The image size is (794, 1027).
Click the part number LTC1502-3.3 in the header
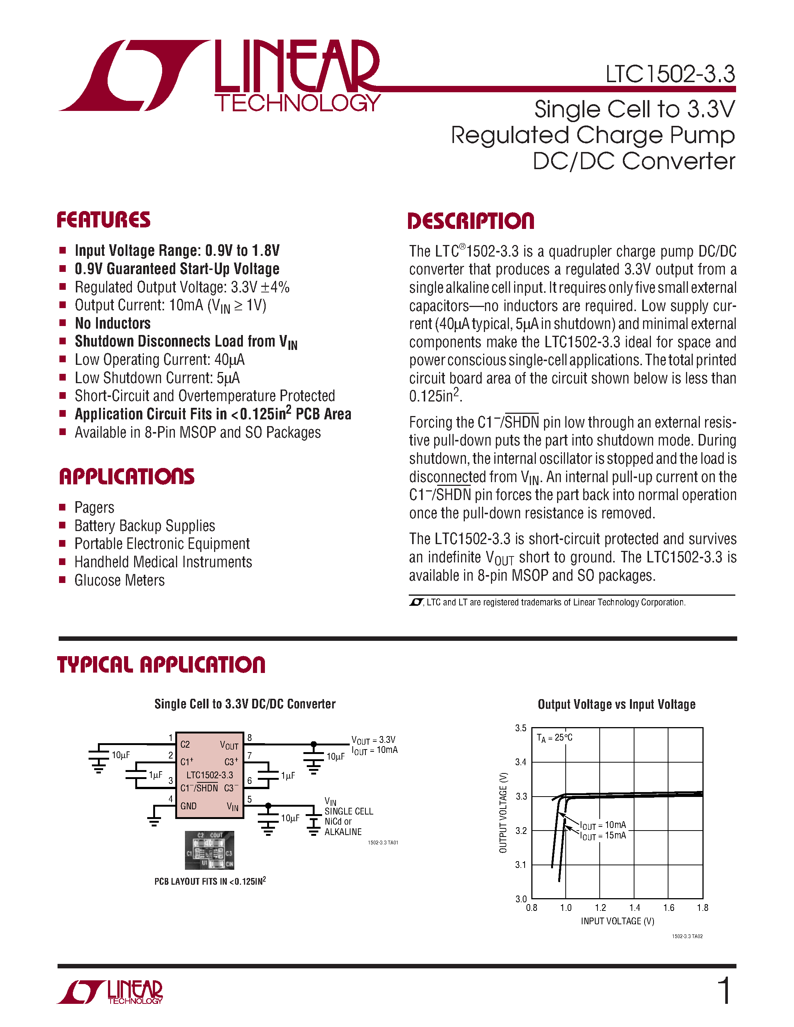(670, 74)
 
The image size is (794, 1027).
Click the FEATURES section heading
(104, 220)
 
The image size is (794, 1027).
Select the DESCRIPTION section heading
(470, 221)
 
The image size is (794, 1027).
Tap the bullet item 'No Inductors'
(112, 323)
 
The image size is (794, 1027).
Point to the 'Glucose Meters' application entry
(120, 580)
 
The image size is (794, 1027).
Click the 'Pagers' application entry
(94, 508)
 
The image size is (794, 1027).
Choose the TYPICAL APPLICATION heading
(161, 665)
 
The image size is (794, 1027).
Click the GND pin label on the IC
(188, 806)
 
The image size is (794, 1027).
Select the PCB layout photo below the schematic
(209, 850)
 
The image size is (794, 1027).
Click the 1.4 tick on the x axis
(634, 907)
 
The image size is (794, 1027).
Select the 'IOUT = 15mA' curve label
(603, 836)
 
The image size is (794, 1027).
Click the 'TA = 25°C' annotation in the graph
(554, 738)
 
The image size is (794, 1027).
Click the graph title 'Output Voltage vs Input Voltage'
(616, 704)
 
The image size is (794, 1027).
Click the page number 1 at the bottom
(725, 991)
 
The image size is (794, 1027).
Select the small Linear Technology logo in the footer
(110, 992)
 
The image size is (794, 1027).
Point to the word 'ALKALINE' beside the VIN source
(343, 832)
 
